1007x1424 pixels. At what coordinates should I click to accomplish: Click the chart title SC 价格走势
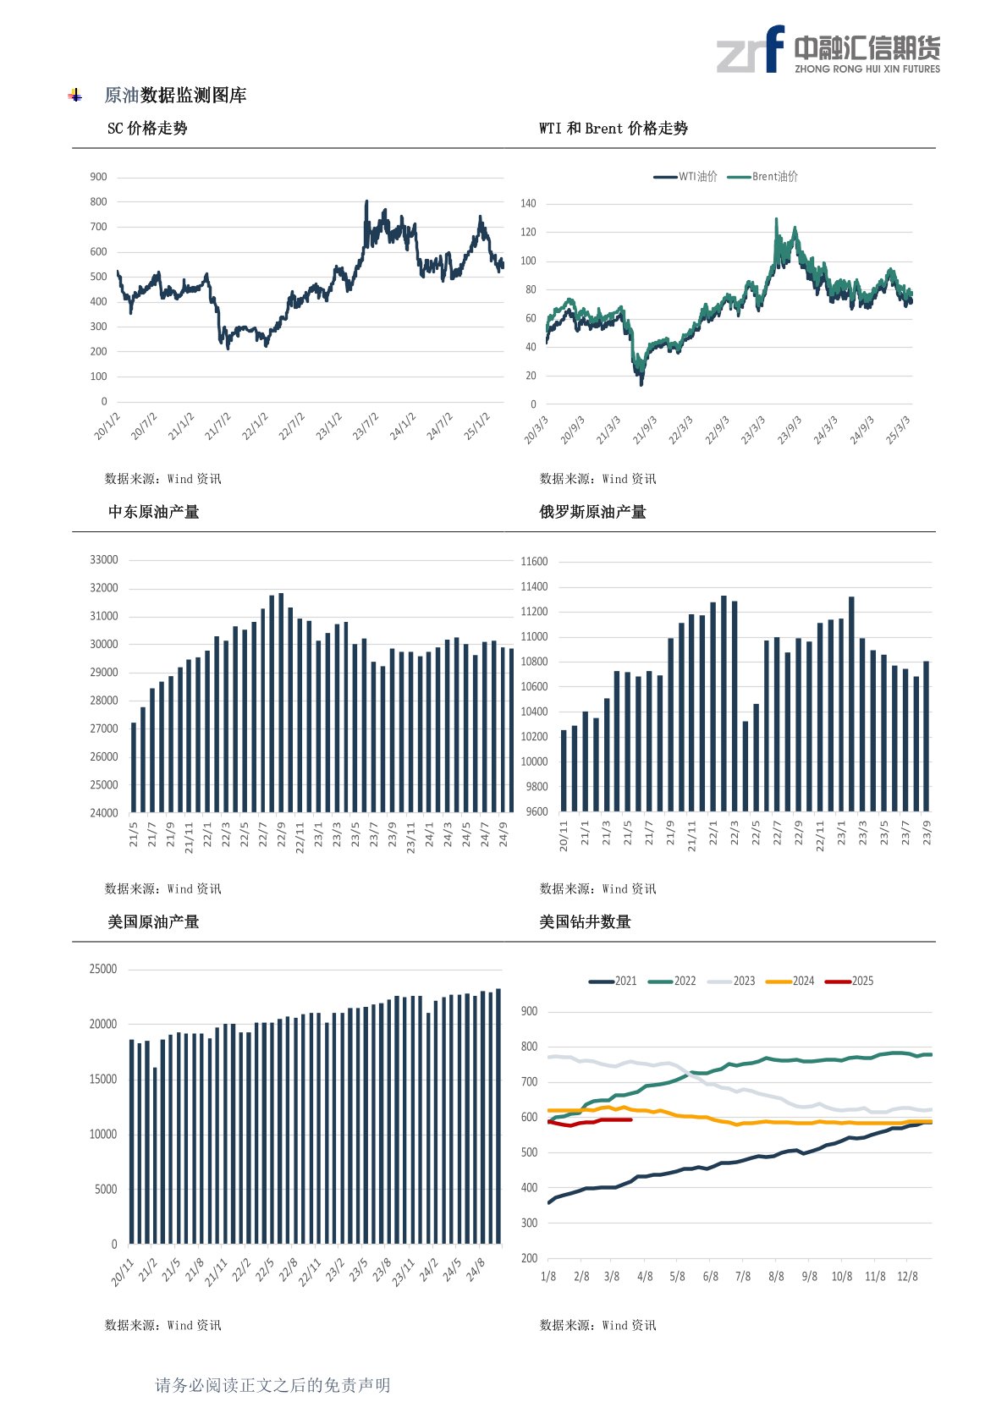click(147, 129)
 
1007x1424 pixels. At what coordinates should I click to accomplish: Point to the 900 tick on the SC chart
click(99, 177)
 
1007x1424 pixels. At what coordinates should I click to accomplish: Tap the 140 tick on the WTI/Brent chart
click(528, 204)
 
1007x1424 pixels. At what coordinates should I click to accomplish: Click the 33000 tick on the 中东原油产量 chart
click(104, 560)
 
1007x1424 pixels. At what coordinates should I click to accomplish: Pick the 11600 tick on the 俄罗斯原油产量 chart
click(534, 562)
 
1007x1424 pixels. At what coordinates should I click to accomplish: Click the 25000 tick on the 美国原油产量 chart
click(103, 970)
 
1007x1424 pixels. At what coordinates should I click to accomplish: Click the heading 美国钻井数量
click(586, 922)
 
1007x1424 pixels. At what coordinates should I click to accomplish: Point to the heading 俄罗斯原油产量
click(592, 512)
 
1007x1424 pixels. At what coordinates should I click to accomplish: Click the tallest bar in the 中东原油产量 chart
click(281, 702)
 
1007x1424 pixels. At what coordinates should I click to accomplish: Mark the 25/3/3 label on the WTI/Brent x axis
click(898, 430)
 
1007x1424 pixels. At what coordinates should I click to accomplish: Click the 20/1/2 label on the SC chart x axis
click(107, 426)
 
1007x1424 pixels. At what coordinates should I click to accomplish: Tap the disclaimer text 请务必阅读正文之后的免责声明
click(272, 1385)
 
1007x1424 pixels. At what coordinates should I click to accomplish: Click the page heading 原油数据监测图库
click(175, 96)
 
